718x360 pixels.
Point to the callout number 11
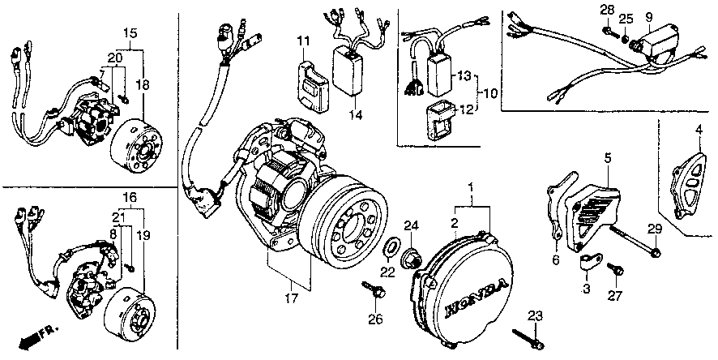click(302, 41)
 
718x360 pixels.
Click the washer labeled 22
click(389, 246)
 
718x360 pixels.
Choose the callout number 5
click(606, 156)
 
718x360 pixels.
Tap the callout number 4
click(699, 130)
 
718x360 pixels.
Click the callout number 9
click(648, 17)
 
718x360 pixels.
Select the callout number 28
click(605, 9)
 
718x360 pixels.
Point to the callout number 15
click(128, 32)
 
